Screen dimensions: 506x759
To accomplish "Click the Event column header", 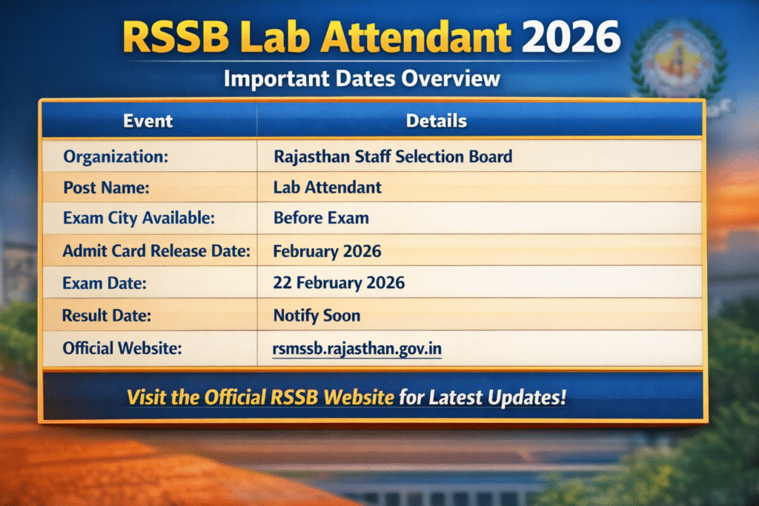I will pos(148,121).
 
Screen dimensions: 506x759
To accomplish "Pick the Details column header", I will pos(437,121).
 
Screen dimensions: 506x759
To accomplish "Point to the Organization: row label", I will pos(116,157).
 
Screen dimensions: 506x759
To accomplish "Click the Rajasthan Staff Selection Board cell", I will pos(393,157).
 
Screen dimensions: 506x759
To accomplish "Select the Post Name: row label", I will pos(106,188).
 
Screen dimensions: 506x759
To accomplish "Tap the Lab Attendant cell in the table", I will pos(328,188).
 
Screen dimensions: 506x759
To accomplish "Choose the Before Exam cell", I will pos(321,219).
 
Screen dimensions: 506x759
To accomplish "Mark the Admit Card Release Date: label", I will pos(156,251).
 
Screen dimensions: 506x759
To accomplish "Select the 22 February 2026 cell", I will pos(339,283).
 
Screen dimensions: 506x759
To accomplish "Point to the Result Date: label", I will pos(107,316).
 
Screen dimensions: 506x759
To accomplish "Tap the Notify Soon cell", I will pos(316,316).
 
